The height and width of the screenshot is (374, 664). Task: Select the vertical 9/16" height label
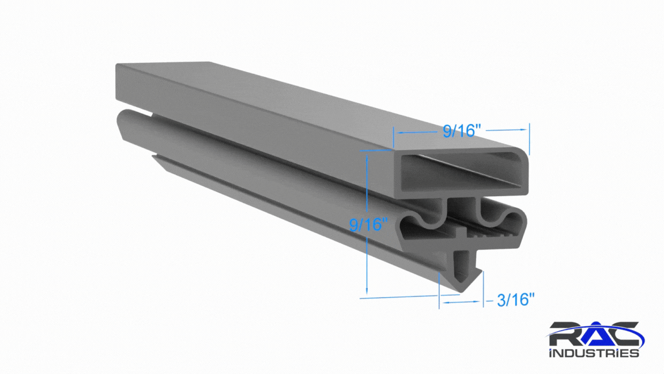click(368, 225)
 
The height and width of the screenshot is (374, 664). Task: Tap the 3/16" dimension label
click(515, 300)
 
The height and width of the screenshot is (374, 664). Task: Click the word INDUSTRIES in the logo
click(594, 353)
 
